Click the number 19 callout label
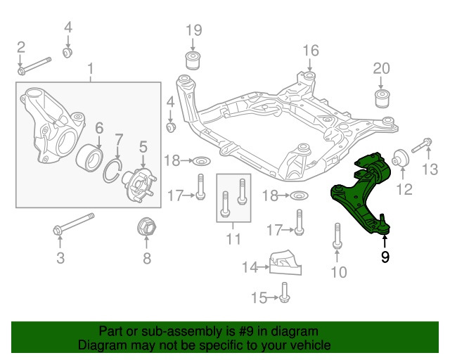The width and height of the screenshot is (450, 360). [194, 30]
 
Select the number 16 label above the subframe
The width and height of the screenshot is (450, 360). [311, 50]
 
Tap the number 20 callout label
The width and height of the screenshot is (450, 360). [380, 68]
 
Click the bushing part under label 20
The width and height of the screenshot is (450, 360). [381, 96]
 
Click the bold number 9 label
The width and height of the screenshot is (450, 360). [385, 257]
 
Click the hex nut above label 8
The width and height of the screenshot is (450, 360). [146, 229]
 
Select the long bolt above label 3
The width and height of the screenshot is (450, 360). [74, 224]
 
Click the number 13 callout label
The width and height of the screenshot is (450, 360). [430, 169]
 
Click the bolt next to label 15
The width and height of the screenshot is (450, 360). [283, 292]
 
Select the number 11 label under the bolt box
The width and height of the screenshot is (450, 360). [233, 239]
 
